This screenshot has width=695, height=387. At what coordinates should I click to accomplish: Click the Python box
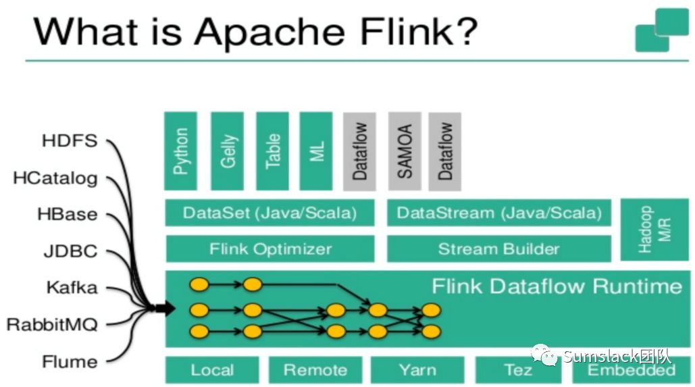[x=180, y=151]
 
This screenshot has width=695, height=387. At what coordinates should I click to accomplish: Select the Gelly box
[x=227, y=151]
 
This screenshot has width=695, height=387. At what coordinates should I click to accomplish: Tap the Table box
[x=272, y=151]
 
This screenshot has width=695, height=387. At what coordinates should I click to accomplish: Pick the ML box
[x=316, y=151]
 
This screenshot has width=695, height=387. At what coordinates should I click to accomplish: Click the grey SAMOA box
[x=404, y=151]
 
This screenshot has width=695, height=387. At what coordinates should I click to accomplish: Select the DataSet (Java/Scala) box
[x=269, y=213]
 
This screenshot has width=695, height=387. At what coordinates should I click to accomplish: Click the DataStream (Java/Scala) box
[x=498, y=213]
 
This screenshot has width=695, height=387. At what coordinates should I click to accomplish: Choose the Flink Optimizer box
[x=269, y=249]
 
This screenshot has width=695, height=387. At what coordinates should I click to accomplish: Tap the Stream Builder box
[x=498, y=249]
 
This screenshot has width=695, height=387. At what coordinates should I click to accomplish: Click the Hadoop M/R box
[x=644, y=230]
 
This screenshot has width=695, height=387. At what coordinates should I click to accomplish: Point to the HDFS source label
[x=70, y=141]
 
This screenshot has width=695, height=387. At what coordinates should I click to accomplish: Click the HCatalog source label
[x=55, y=178]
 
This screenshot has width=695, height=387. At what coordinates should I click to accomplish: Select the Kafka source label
[x=72, y=288]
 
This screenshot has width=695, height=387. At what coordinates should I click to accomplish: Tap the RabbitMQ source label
[x=52, y=324]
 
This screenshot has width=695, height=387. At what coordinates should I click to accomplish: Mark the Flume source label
[x=70, y=361]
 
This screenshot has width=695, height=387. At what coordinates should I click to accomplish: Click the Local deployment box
[x=212, y=370]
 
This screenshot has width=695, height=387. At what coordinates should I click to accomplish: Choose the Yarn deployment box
[x=417, y=370]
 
